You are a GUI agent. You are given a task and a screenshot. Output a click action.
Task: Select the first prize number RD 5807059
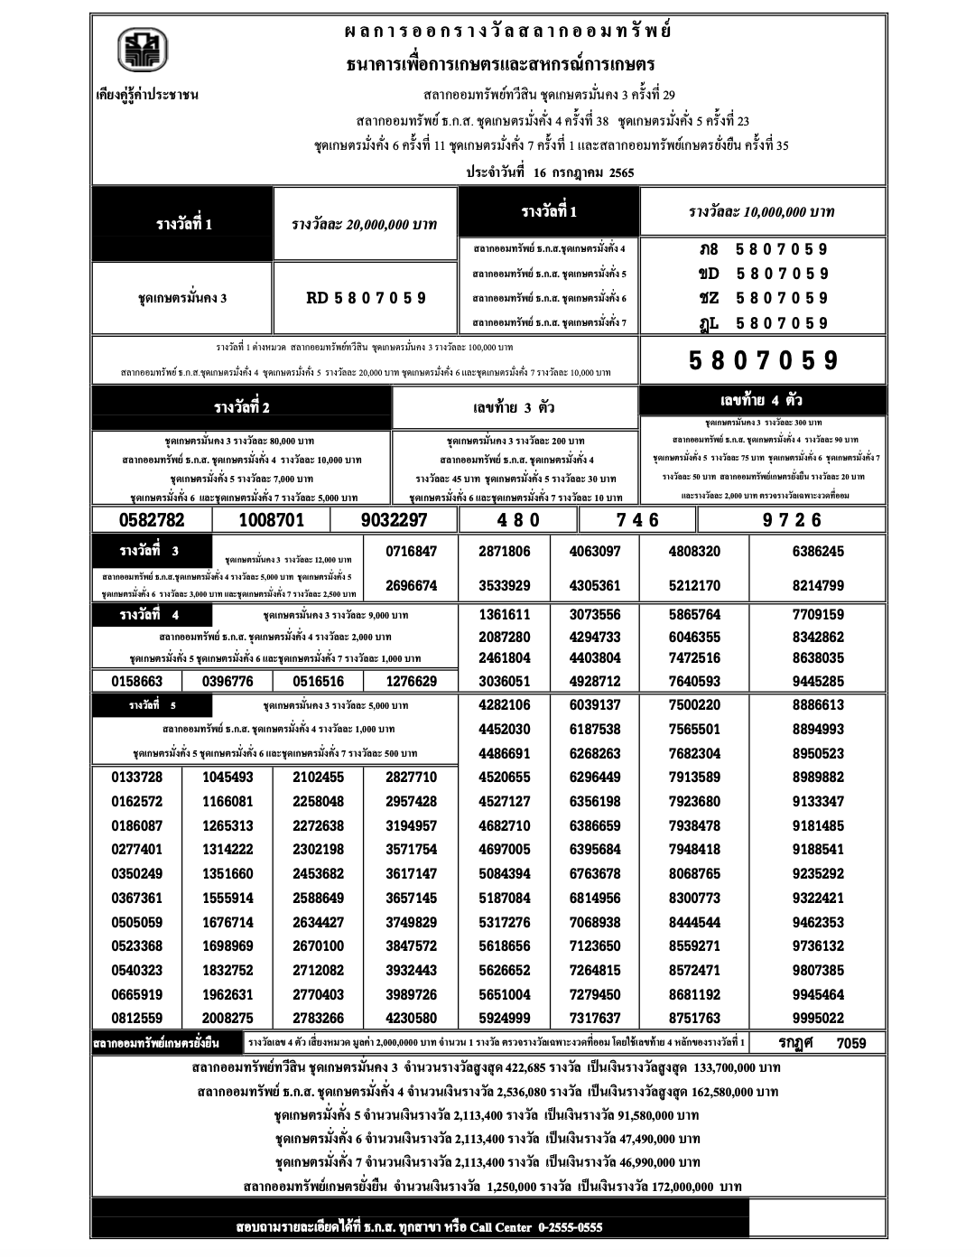pyautogui.click(x=366, y=298)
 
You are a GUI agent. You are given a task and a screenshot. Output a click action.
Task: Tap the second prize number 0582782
pyautogui.click(x=152, y=520)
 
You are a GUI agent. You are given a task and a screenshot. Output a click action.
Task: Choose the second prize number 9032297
pyautogui.click(x=394, y=520)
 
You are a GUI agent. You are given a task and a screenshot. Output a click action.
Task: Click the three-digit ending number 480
pyautogui.click(x=517, y=520)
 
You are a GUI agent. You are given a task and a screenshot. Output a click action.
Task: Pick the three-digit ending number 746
pyautogui.click(x=637, y=520)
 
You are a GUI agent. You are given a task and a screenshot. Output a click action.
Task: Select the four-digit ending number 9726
pyautogui.click(x=792, y=520)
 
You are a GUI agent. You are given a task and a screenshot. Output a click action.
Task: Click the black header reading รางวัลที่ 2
pyautogui.click(x=241, y=408)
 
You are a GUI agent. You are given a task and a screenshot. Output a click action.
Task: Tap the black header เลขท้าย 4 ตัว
pyautogui.click(x=762, y=401)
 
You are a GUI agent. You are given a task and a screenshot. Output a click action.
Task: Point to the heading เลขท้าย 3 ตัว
pyautogui.click(x=515, y=408)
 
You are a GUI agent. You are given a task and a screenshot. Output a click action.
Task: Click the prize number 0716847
pyautogui.click(x=411, y=552)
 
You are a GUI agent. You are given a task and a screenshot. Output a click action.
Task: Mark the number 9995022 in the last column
pyautogui.click(x=818, y=1019)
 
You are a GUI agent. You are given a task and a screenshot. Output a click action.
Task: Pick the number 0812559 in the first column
pyautogui.click(x=137, y=1019)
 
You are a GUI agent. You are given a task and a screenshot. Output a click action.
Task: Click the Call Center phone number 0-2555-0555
pyautogui.click(x=570, y=1227)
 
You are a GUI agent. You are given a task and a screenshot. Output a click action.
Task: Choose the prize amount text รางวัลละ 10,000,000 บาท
pyautogui.click(x=761, y=212)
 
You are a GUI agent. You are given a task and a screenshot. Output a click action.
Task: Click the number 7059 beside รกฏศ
pyautogui.click(x=850, y=1044)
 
